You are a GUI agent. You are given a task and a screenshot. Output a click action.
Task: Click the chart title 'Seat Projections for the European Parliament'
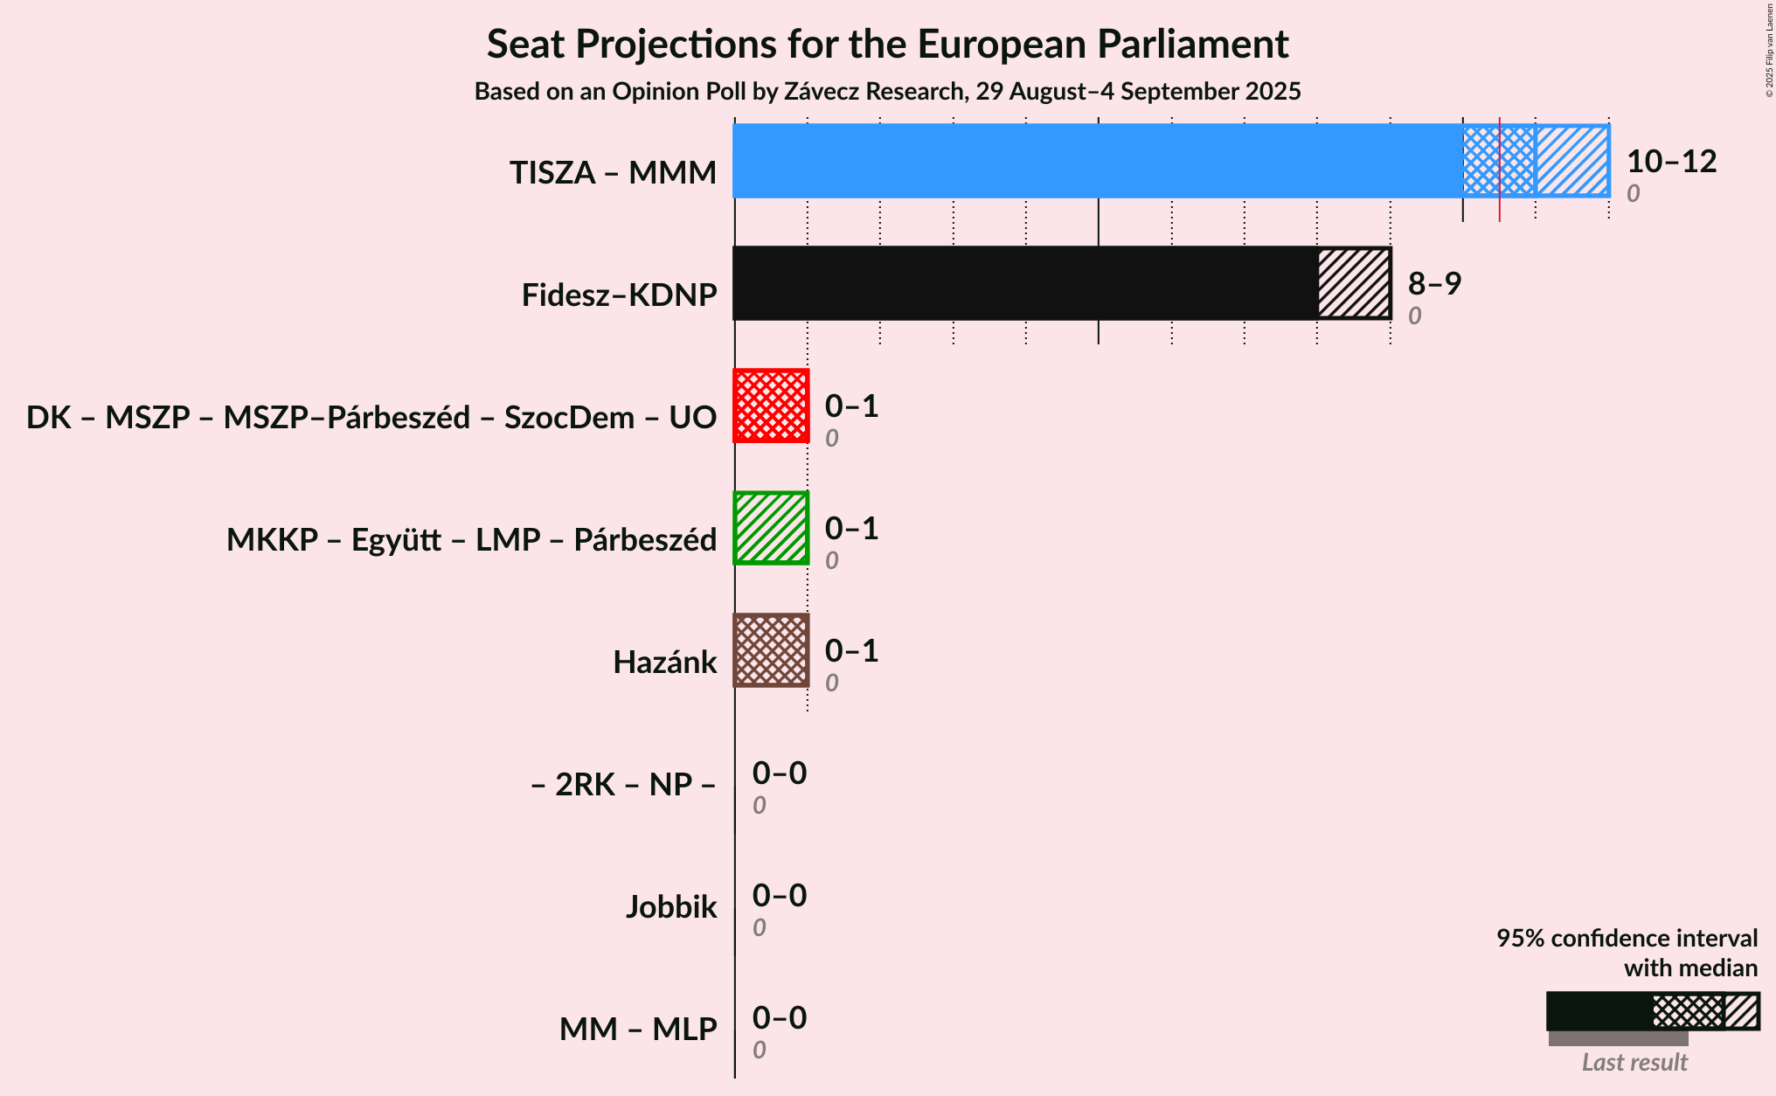[x=887, y=44]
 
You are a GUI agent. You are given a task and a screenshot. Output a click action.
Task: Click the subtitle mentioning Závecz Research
[x=887, y=92]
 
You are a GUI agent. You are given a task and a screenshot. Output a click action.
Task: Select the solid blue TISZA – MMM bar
[x=1098, y=161]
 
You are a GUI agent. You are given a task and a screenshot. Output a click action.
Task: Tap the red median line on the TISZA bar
[x=1500, y=170]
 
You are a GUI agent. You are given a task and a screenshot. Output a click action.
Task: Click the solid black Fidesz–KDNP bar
[x=1025, y=283]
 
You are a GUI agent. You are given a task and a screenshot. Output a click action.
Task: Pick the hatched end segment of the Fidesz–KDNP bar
[x=1354, y=283]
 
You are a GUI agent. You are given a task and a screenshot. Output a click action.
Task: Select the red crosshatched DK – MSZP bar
[x=771, y=406]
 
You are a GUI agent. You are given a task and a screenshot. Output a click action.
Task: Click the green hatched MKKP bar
[x=771, y=528]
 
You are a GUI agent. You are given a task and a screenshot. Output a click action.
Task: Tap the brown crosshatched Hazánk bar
[x=771, y=650]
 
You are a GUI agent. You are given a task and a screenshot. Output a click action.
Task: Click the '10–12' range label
[x=1671, y=161]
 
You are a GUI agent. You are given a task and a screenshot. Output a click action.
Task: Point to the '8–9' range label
[x=1434, y=283]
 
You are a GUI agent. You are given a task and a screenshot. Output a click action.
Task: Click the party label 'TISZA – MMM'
[x=614, y=172]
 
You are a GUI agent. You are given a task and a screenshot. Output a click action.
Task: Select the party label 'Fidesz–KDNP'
[x=620, y=295]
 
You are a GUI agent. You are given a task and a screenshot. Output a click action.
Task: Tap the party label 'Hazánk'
[x=665, y=662]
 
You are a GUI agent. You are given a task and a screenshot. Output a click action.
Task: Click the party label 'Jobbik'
[x=671, y=906]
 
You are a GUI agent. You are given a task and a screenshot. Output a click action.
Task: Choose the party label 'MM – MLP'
[x=638, y=1029]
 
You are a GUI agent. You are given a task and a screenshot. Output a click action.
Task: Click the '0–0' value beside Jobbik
[x=780, y=895]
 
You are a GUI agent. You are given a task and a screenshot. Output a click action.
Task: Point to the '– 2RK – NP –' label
[x=623, y=784]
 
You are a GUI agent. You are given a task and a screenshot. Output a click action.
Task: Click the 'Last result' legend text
[x=1634, y=1062]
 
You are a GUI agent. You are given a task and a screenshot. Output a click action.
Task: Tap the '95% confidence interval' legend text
[x=1627, y=938]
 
